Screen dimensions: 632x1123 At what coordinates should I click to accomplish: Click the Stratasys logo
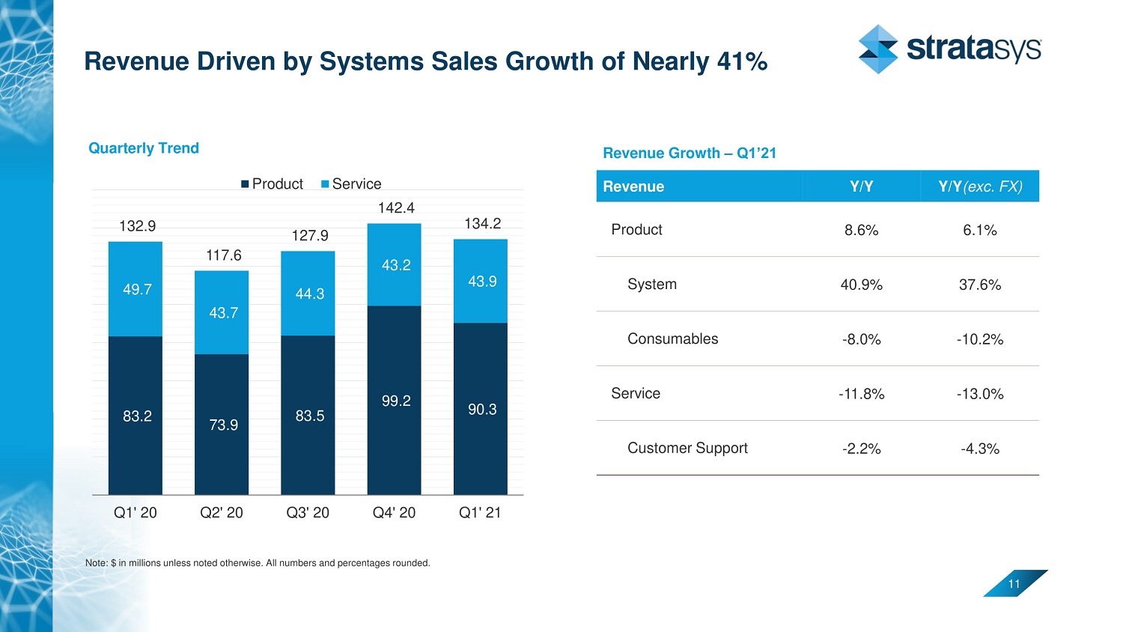point(949,49)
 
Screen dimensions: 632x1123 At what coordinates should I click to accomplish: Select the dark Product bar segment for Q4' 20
point(394,419)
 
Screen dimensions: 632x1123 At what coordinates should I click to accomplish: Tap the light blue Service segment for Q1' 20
point(135,289)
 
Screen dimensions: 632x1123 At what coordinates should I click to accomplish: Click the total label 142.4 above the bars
point(396,207)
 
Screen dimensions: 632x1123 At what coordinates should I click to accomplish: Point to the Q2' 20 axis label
point(222,513)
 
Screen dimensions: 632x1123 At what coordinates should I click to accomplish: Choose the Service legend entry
point(351,184)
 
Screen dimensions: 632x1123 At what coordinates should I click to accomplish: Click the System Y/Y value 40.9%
point(861,285)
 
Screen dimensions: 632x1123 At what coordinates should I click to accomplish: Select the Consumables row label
point(672,339)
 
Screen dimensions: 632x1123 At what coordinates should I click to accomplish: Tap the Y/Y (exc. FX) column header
point(979,186)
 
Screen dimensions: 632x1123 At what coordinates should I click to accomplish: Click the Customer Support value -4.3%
point(979,449)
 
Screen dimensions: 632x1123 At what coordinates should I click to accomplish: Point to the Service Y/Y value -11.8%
point(861,394)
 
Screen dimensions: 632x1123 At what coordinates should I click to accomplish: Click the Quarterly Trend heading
point(144,148)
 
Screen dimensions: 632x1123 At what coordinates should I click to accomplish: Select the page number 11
point(1014,584)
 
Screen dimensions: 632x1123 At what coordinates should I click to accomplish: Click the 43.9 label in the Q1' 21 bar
point(482,282)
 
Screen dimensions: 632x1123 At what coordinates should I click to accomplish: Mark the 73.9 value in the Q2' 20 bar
point(223,425)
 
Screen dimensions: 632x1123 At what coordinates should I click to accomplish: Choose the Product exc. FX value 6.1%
point(979,231)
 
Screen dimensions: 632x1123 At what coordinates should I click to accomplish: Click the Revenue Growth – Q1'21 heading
point(690,154)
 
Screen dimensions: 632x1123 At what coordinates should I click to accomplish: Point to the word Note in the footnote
point(96,563)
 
